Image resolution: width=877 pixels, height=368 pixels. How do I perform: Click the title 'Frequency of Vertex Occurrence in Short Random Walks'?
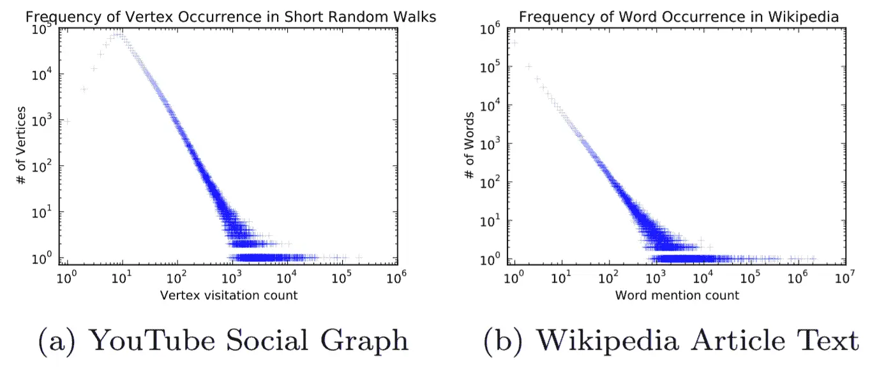coord(230,17)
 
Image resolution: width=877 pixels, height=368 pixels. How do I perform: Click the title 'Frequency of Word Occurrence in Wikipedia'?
coord(678,17)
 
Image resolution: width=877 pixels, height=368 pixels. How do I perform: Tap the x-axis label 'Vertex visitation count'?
coord(229,295)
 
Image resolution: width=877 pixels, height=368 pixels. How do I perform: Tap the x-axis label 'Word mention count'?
coord(677,295)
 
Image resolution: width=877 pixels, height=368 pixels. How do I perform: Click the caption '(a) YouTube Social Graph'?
coord(223,341)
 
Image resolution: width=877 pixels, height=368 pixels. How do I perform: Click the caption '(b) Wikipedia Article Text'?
coord(671,341)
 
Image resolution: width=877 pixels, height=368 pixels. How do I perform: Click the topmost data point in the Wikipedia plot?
coord(514,43)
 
